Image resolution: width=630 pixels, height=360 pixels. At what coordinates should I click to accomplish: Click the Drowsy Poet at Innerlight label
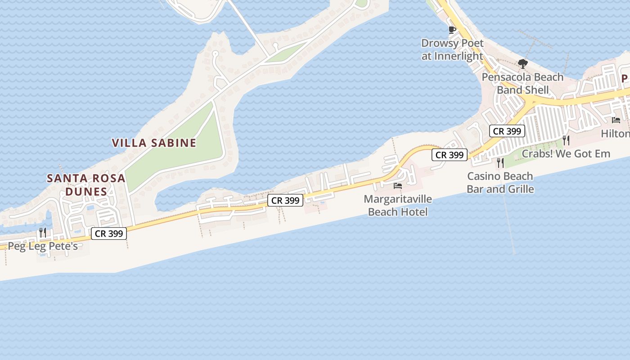pos(452,49)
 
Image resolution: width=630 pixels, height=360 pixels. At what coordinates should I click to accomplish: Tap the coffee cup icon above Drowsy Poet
pos(452,30)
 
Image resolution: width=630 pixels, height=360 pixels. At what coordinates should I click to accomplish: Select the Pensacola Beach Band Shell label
pos(522,83)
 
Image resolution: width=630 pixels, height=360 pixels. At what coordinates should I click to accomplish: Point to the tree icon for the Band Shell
pos(522,64)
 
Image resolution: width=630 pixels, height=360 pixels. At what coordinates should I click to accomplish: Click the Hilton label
pos(615,134)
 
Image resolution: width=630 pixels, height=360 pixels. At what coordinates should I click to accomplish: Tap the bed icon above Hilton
pos(616,120)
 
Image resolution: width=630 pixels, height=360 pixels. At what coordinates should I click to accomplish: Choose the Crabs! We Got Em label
pos(566,153)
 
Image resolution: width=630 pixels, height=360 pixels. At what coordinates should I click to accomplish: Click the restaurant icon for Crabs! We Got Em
pos(566,140)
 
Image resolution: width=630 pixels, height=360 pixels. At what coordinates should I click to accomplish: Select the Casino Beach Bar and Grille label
pos(500,182)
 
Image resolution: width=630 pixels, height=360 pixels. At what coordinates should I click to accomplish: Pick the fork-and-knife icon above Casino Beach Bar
pos(500,162)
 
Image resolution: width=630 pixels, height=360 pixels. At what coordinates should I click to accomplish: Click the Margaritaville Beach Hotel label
pos(398,205)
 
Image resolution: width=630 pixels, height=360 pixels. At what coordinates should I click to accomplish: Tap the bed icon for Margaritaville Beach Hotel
pos(398,185)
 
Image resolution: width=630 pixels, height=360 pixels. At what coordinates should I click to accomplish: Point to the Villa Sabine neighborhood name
pos(154,143)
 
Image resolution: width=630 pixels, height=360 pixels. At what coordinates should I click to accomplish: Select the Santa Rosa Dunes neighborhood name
pos(86,184)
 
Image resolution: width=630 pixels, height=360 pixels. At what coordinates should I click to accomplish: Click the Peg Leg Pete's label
pos(43,246)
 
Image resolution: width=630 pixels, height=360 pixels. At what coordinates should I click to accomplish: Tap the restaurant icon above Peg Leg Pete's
pos(43,232)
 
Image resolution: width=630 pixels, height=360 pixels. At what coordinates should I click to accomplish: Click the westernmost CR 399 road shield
pos(109,234)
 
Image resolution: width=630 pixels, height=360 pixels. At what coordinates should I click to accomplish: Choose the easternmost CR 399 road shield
pos(507,131)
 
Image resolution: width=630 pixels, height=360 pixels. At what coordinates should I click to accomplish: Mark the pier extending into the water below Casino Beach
pos(509,225)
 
